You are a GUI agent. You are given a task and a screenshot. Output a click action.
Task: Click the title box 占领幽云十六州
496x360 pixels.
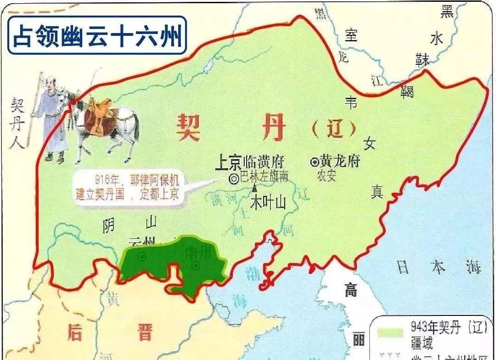pyautogui.click(x=97, y=35)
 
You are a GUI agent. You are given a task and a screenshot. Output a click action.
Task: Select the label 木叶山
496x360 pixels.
pyautogui.click(x=268, y=202)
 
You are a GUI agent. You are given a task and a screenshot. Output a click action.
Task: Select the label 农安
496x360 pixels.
pyautogui.click(x=327, y=176)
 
